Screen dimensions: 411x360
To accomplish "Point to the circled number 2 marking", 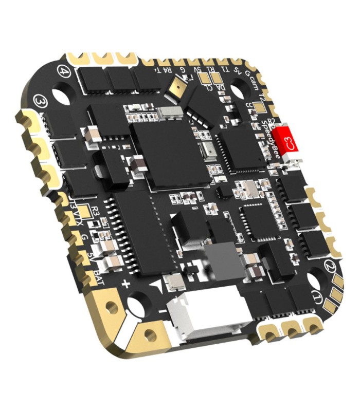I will click(x=330, y=267).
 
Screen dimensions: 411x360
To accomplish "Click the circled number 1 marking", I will click(x=318, y=297).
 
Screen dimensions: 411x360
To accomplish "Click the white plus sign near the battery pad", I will click(x=125, y=283).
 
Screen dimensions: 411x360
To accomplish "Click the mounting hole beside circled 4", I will click(x=61, y=97).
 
